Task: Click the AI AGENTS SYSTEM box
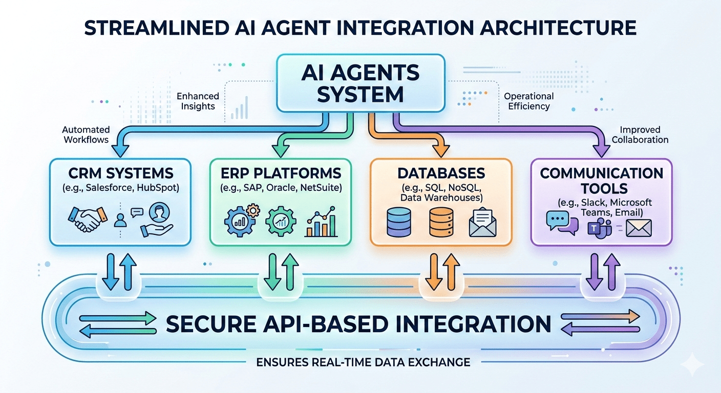coord(360,83)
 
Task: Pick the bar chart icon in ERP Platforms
coord(321,222)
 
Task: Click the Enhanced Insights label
coord(198,101)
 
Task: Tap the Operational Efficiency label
coord(528,101)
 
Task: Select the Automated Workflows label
coord(86,135)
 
